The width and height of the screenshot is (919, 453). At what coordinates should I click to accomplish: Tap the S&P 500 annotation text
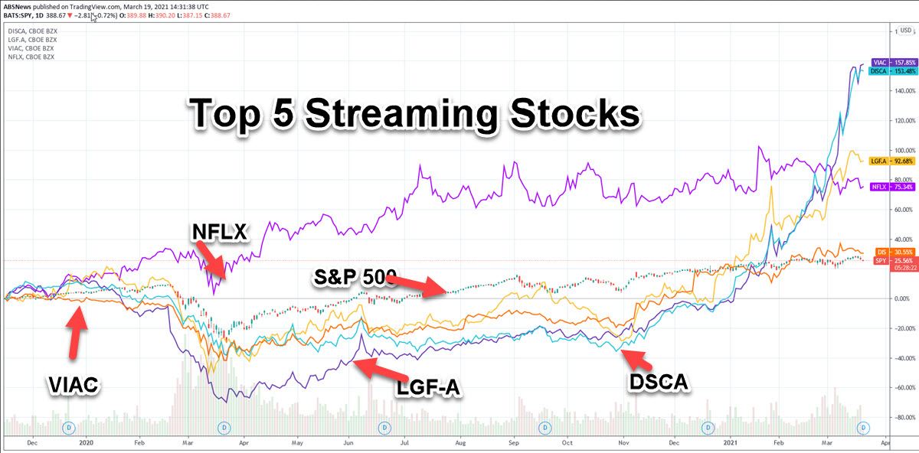tap(352, 277)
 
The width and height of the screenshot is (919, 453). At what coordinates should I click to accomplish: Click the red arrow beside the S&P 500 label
tap(417, 282)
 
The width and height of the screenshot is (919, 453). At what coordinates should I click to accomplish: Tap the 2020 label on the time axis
tap(87, 442)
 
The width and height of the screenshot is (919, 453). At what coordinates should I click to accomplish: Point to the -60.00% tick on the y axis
tap(904, 388)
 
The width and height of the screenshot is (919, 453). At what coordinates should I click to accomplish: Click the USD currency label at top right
tap(906, 31)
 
